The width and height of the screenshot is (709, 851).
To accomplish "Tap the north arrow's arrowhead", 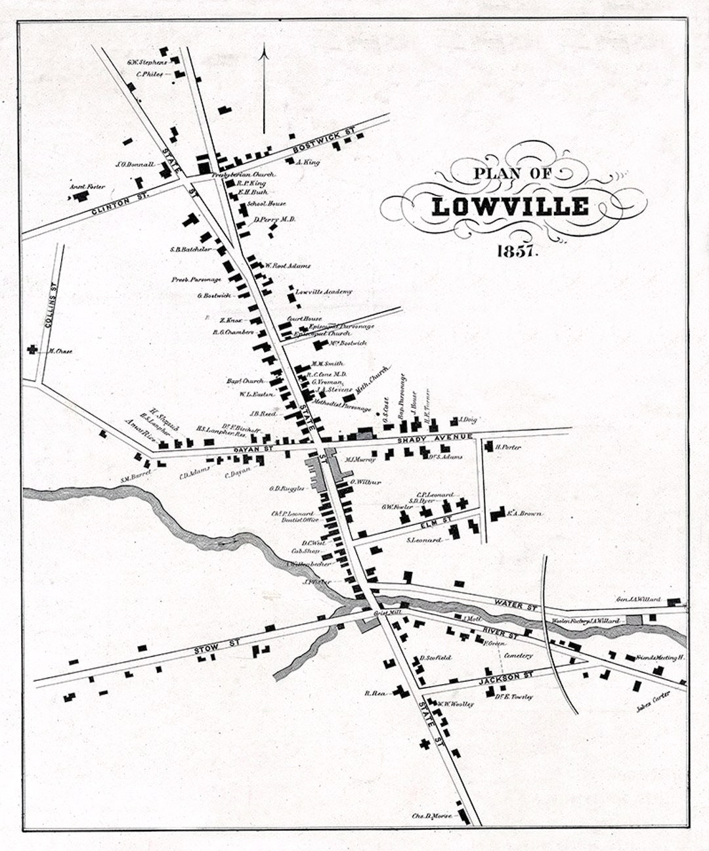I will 264,53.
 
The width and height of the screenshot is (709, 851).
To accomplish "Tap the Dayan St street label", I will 240,448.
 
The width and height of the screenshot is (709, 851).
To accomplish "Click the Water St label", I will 515,603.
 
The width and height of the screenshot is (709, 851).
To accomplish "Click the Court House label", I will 299,319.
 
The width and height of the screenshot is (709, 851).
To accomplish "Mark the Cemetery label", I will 519,655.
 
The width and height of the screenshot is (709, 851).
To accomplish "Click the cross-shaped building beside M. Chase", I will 32,350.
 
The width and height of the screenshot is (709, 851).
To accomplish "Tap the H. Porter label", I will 508,447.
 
